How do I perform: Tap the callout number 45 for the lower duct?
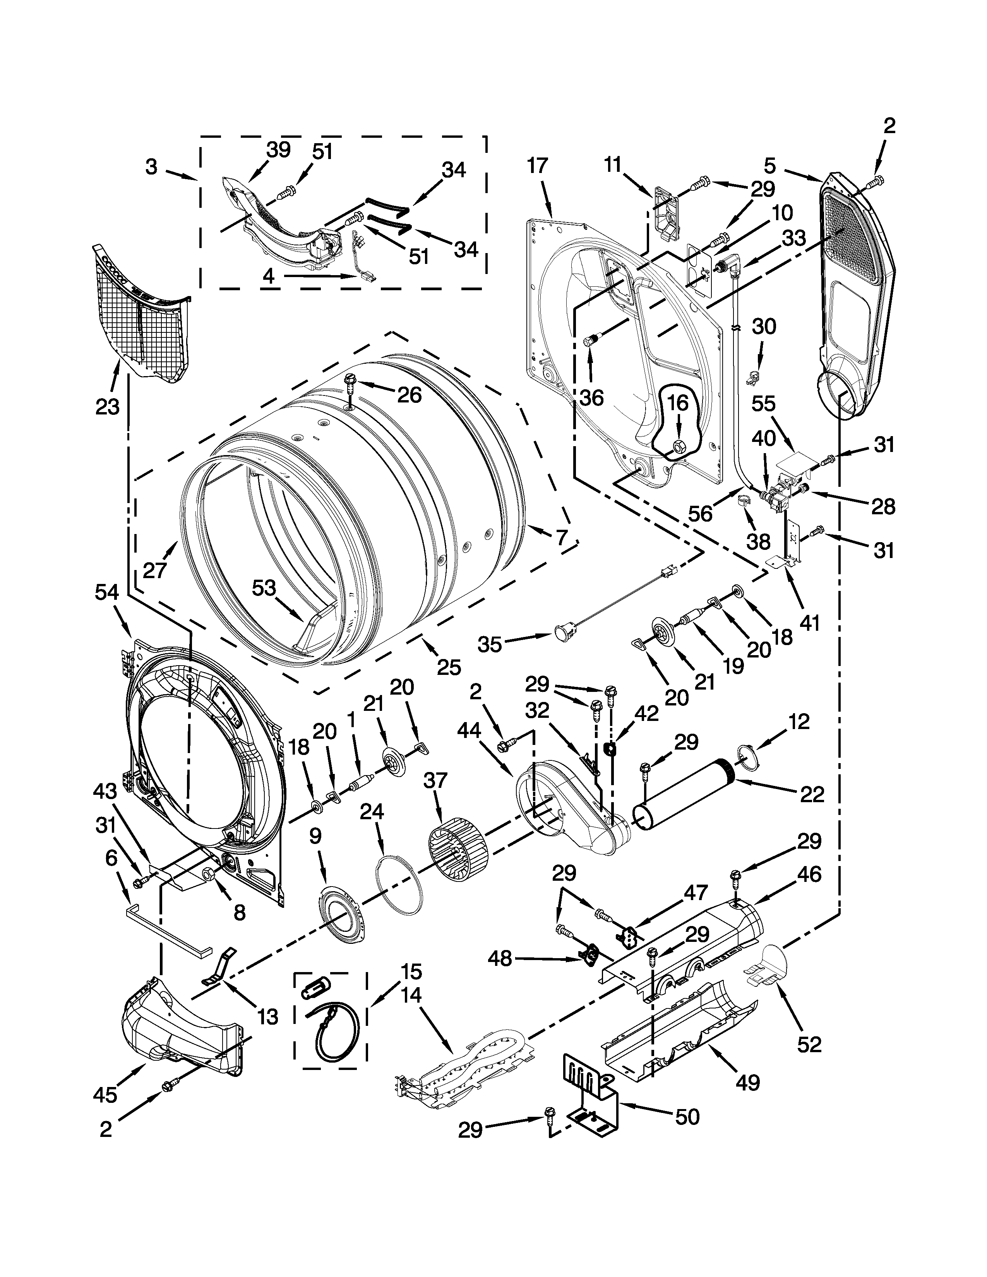coord(105,1095)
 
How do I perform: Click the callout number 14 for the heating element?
coord(412,995)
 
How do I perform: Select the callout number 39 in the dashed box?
coord(278,150)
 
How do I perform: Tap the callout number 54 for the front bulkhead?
coord(106,592)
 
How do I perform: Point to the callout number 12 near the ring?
coord(798,722)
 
